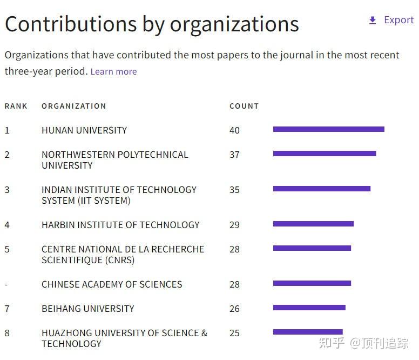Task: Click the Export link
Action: coord(398,20)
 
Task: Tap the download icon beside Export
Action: coord(372,21)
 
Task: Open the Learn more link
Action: coord(113,71)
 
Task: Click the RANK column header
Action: coord(16,106)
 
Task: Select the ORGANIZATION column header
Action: coord(74,106)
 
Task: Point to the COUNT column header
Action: coord(244,106)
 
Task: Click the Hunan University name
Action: coord(84,130)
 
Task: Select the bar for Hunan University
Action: coord(328,129)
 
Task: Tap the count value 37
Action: coord(234,155)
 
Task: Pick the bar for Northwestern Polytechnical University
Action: coord(325,154)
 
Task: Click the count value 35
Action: coord(234,190)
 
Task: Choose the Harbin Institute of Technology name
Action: coord(120,225)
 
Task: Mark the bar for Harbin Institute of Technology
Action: coord(313,224)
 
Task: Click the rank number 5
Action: coord(7,249)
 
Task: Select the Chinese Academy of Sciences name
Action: coord(112,284)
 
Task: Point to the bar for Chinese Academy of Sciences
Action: coord(312,283)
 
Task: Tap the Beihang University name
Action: coord(88,309)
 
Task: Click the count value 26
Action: coord(234,309)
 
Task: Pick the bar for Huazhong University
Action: coord(308,332)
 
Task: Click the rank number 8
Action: coord(7,333)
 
